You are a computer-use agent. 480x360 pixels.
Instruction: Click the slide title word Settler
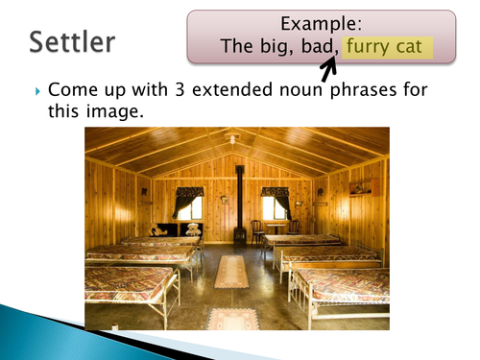coord(72,41)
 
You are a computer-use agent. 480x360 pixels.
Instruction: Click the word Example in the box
coord(321,22)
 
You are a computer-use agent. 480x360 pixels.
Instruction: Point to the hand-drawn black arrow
coord(329,68)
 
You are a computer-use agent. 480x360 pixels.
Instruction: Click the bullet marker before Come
coord(37,91)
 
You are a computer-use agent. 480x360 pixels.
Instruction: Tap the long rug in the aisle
coord(230,271)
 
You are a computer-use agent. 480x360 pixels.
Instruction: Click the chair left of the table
coord(257,230)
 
